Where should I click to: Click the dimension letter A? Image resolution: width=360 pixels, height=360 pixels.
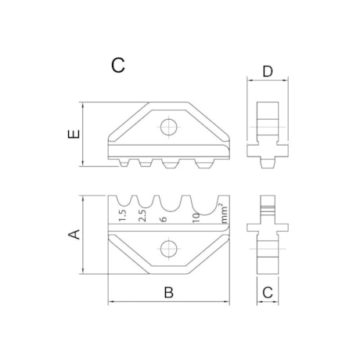(74, 233)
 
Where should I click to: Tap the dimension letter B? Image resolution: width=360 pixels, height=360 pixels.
(167, 293)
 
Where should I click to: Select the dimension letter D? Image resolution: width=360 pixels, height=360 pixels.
(268, 72)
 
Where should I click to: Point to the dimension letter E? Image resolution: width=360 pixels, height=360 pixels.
(72, 135)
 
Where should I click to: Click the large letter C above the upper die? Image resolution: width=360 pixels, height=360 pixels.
(118, 65)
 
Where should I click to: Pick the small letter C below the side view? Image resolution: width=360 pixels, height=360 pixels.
(268, 293)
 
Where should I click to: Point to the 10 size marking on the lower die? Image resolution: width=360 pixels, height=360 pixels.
(196, 218)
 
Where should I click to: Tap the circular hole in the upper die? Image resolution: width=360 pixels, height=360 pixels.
(167, 127)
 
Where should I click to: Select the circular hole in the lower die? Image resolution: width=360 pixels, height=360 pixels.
(167, 250)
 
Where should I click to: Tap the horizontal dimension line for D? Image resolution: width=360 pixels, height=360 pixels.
(268, 81)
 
